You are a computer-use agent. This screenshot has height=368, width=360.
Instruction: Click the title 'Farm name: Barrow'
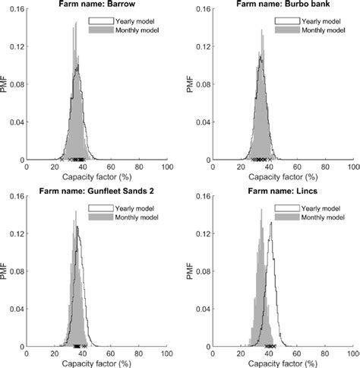point(97,4)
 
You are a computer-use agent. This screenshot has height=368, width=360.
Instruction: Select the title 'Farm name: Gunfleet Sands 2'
point(97,190)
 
